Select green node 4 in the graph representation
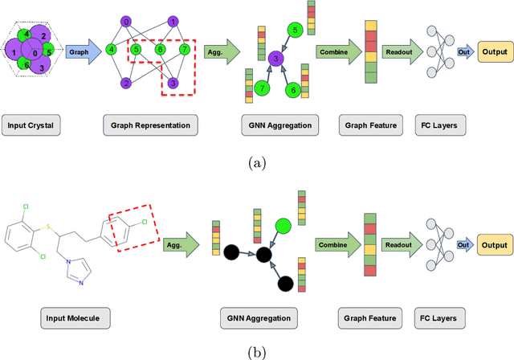coord(112,50)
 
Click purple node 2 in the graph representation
coord(126,83)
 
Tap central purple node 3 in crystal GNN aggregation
coord(275,59)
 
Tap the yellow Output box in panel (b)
coord(492,245)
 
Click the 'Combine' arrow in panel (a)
coord(338,52)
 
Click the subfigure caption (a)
coord(256,162)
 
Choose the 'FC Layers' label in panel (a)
coord(437,125)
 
